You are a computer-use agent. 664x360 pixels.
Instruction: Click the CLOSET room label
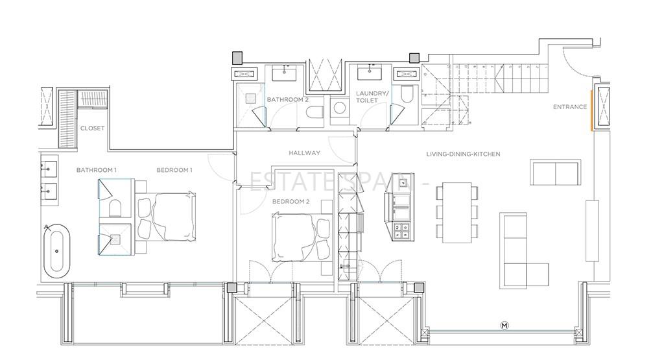coord(92,128)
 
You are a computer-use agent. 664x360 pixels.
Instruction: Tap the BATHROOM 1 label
coord(96,170)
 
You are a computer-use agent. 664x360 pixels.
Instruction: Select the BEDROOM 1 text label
coord(174,170)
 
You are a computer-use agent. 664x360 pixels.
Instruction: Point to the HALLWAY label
coord(305,153)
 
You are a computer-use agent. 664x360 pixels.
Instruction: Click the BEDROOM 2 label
coord(291,202)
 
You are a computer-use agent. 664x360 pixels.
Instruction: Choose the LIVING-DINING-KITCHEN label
coord(463,154)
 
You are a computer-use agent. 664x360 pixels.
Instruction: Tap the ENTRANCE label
coord(570,107)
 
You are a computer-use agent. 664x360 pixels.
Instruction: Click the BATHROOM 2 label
coord(287,99)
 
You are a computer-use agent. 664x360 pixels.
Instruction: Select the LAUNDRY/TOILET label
coord(372,97)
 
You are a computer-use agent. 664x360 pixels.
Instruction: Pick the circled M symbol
coord(504,325)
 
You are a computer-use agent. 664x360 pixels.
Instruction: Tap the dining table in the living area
coord(457,213)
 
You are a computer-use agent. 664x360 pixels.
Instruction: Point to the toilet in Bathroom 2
coord(314,112)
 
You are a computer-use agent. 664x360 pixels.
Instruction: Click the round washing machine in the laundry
coord(340,108)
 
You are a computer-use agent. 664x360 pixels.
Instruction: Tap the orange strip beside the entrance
coord(592,110)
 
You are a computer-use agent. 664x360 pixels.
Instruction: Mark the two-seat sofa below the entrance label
coord(556,173)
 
